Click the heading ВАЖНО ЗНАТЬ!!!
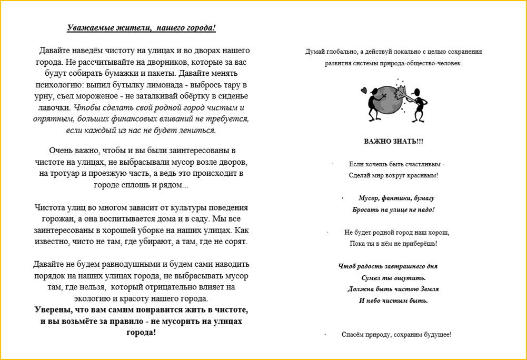pos(393,142)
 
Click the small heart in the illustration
pos(363,90)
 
